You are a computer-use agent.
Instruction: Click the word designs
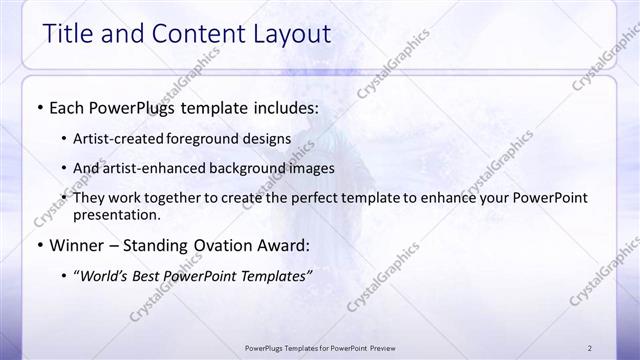tap(269, 138)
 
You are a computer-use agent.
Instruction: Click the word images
tap(311, 168)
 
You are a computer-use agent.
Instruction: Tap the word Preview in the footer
tap(376, 347)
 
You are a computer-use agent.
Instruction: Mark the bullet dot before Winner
tap(39, 245)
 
